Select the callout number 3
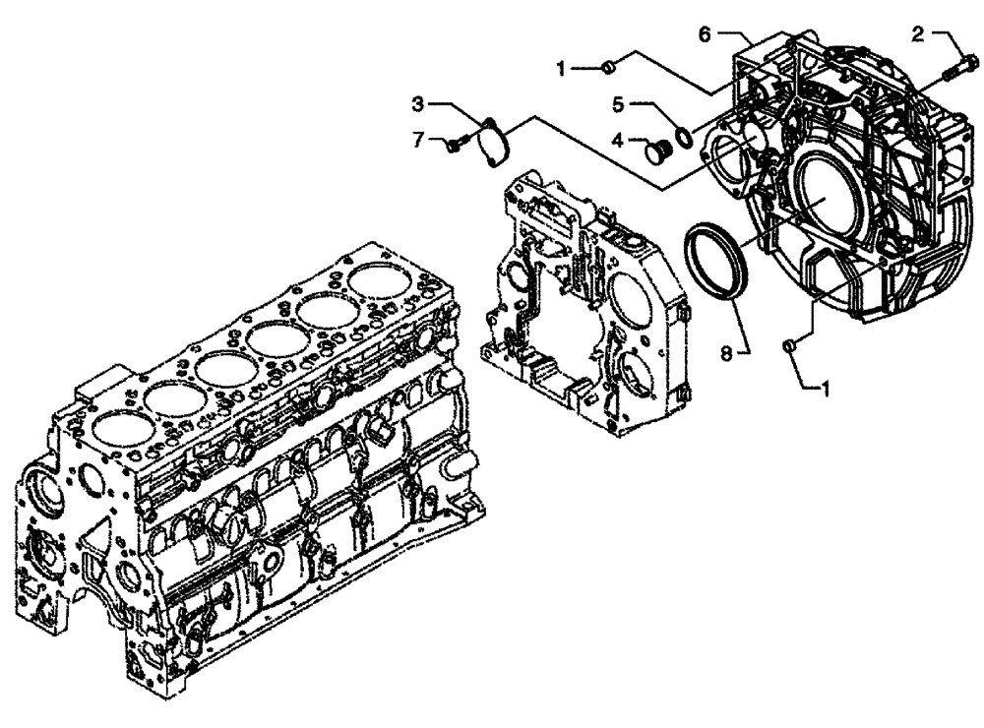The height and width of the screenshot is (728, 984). [x=418, y=101]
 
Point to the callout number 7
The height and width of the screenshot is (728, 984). [x=418, y=141]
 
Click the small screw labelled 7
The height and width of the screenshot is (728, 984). [x=453, y=146]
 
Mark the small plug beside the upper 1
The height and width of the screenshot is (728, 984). [x=609, y=66]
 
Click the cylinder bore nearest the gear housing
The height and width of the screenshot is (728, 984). [x=378, y=282]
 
